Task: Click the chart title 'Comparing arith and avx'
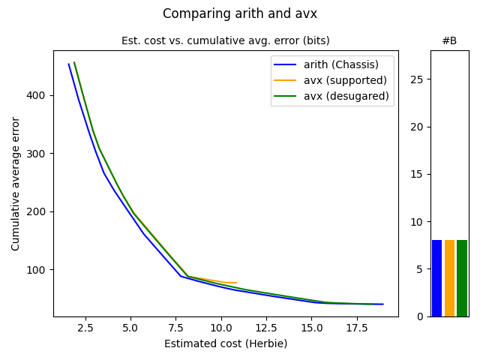point(240,13)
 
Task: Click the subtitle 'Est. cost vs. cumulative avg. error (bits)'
point(226,40)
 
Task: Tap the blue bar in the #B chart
point(436,278)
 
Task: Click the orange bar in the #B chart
point(449,278)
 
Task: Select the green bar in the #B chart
point(462,278)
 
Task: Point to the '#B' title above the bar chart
point(449,40)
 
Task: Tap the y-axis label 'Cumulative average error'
point(16,184)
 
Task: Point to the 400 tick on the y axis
point(40,95)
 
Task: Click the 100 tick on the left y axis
point(40,269)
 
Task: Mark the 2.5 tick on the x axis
point(85,328)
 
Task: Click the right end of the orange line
point(236,283)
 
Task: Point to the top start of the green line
point(74,63)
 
